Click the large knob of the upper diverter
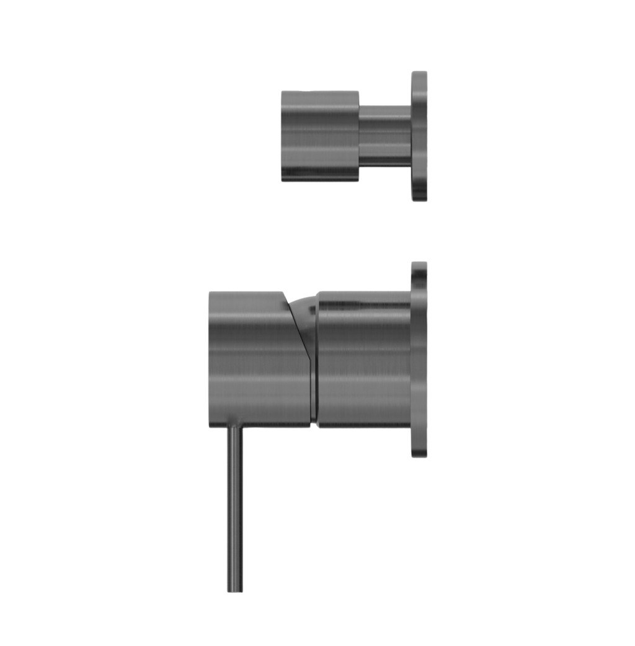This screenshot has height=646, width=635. click(x=319, y=136)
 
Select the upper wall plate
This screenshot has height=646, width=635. click(x=419, y=135)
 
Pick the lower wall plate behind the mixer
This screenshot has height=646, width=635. click(x=419, y=360)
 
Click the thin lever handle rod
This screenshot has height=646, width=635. click(x=235, y=508)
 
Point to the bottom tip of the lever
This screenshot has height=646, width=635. click(x=235, y=591)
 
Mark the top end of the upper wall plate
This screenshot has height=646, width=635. click(x=419, y=71)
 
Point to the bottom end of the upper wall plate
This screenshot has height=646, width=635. click(x=419, y=200)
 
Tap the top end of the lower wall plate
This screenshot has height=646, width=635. click(x=419, y=262)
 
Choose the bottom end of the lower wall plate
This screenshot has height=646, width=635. click(x=419, y=457)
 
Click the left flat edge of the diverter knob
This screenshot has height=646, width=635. click(x=280, y=136)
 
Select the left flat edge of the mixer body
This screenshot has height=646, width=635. click(x=208, y=360)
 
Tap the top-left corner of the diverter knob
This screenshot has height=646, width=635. click(x=282, y=91)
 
